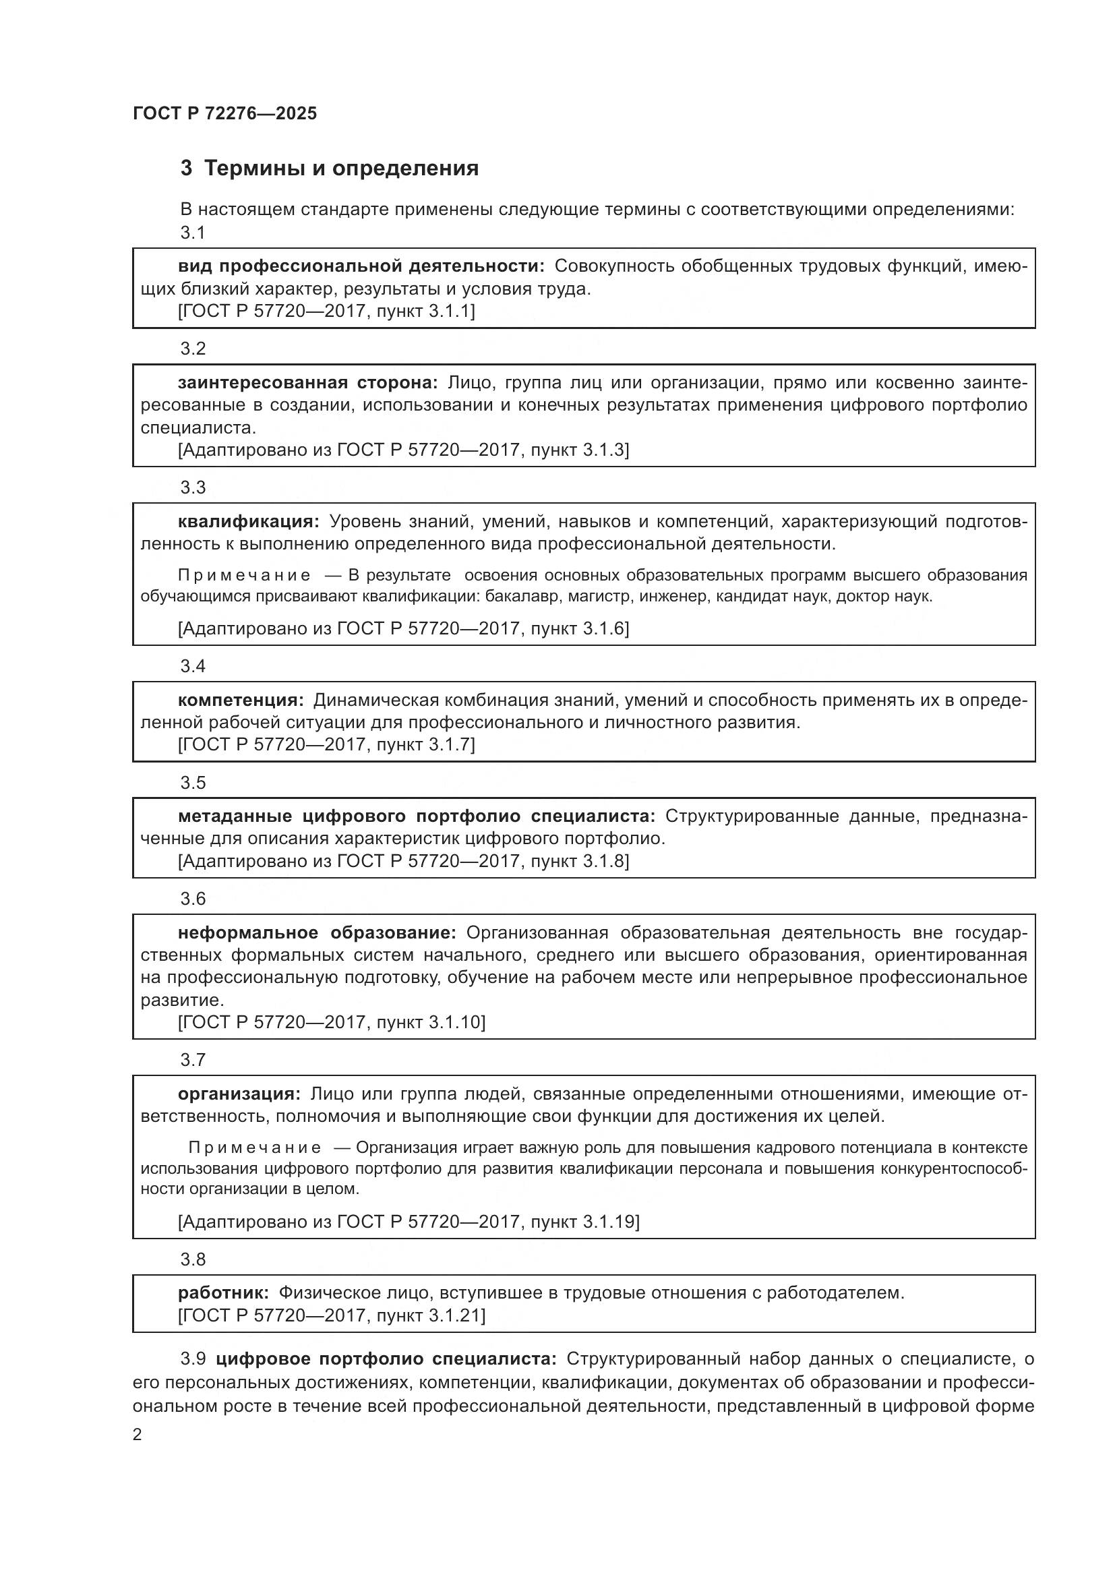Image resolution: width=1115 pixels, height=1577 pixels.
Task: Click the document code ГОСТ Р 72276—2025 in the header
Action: coord(224,113)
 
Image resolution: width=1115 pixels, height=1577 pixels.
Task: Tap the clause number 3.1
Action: coord(193,233)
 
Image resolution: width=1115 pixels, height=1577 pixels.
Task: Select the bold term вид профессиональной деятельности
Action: coord(361,266)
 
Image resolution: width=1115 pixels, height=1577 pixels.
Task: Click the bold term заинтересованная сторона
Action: coord(307,382)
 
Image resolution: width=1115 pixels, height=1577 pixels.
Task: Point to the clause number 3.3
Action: coord(193,487)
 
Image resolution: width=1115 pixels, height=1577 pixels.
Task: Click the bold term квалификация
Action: coord(249,521)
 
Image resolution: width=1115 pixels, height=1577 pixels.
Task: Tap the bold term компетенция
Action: coord(240,700)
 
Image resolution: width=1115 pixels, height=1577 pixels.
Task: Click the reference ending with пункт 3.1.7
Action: coord(326,744)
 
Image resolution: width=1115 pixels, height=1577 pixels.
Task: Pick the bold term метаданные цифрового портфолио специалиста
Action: coord(416,816)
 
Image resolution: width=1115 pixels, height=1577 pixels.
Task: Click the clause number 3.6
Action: coord(193,899)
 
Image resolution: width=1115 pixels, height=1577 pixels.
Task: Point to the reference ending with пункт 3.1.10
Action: coord(331,1022)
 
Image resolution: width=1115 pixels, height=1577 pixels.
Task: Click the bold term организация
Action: coord(238,1094)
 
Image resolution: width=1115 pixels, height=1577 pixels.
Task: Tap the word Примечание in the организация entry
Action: coord(254,1148)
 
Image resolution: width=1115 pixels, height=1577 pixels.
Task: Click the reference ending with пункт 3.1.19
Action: coord(408,1221)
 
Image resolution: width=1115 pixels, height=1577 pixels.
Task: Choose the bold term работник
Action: coord(223,1292)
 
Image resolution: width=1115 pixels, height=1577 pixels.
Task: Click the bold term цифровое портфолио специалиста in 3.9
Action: coord(386,1359)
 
